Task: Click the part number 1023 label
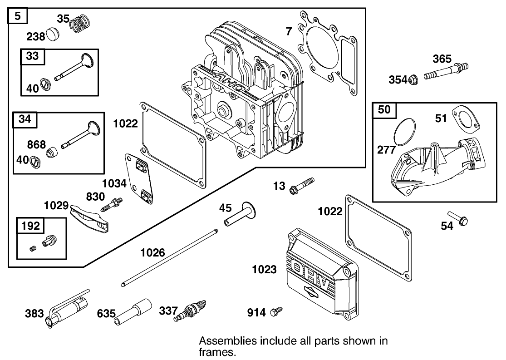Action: coord(264,270)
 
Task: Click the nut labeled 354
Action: coord(413,80)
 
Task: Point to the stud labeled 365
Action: coord(446,72)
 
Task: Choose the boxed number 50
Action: coord(384,109)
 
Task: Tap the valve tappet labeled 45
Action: coord(239,216)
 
